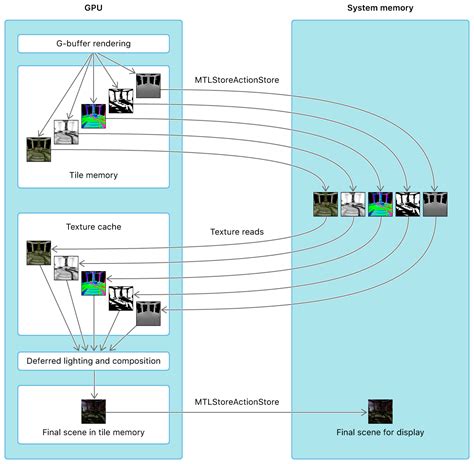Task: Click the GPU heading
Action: [x=93, y=8]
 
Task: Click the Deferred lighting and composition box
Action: [x=94, y=360]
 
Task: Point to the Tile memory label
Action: [x=93, y=175]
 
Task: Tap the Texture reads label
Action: [x=238, y=232]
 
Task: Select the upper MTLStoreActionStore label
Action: [x=238, y=80]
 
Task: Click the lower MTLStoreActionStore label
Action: [x=238, y=402]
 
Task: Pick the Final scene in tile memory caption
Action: [x=94, y=432]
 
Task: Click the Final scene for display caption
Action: [x=380, y=432]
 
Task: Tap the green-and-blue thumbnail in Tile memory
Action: [x=93, y=116]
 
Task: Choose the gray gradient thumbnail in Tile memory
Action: [x=148, y=85]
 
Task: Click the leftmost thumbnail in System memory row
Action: [x=326, y=204]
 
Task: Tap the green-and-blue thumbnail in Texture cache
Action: [x=93, y=282]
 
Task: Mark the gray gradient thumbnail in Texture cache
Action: [x=148, y=313]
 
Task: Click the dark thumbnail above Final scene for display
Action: [x=380, y=411]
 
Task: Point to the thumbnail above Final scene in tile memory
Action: [x=94, y=411]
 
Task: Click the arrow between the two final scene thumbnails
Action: [x=236, y=411]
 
